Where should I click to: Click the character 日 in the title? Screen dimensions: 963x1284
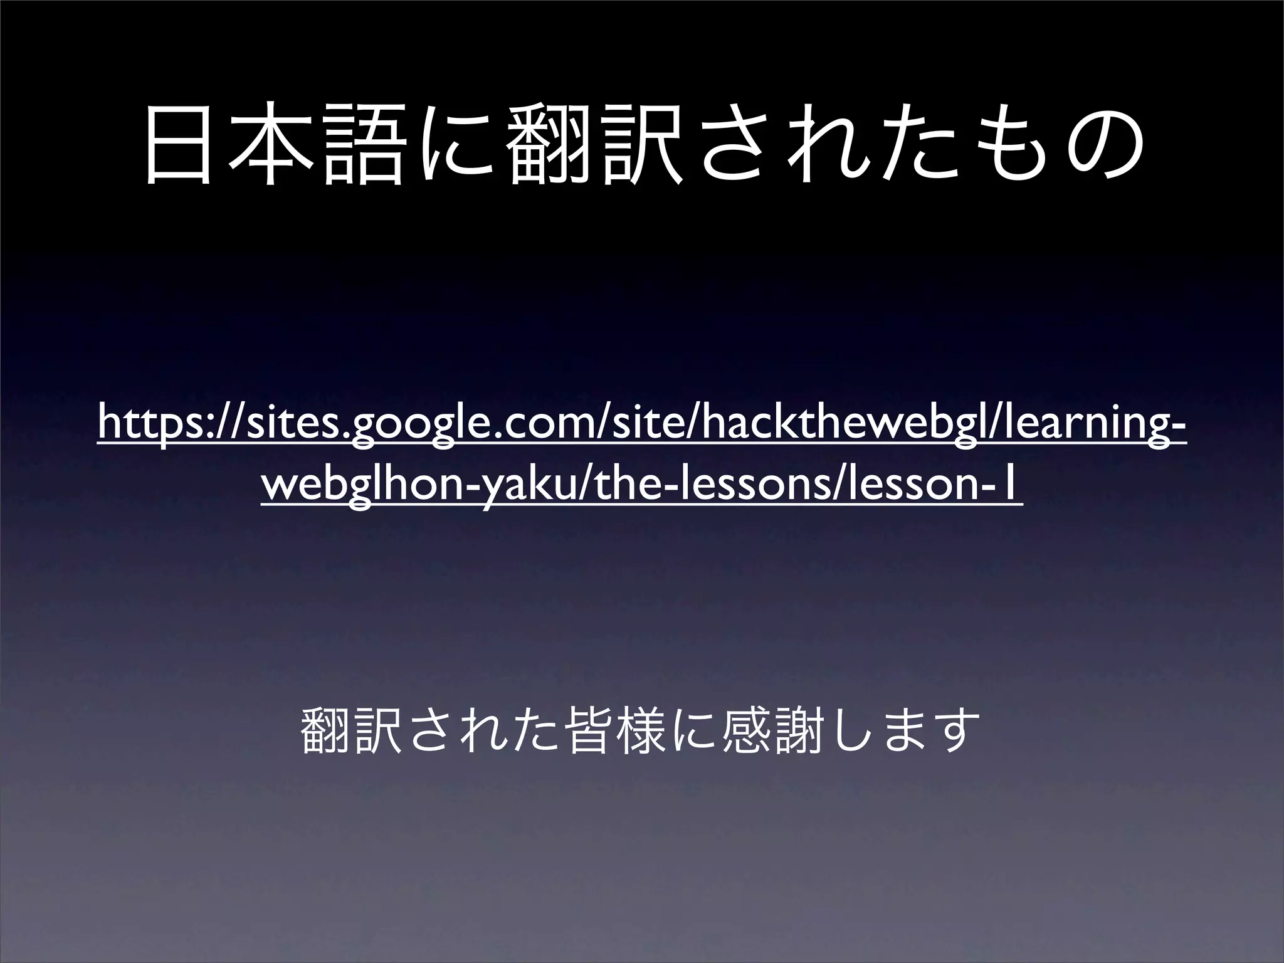pyautogui.click(x=180, y=145)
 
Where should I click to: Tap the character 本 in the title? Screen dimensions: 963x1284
pyautogui.click(x=271, y=145)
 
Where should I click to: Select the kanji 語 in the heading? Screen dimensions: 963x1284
pyautogui.click(x=363, y=145)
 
